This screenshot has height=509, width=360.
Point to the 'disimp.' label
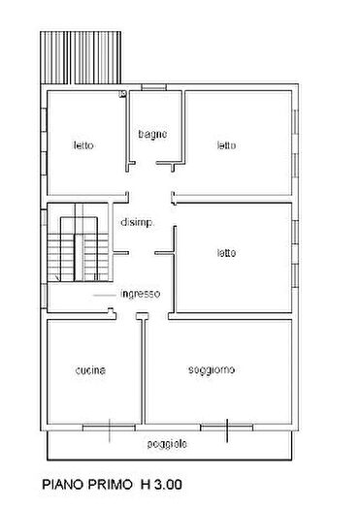pos(136,222)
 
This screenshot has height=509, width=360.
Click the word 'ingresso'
pos(142,294)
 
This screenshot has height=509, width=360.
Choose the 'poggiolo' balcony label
pos(168,443)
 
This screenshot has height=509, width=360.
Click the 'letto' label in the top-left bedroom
pos(83,146)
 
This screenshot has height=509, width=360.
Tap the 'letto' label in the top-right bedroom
pos(226,146)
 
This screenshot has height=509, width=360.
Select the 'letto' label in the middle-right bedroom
pos(226,253)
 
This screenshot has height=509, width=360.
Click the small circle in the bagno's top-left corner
pos(122,95)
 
